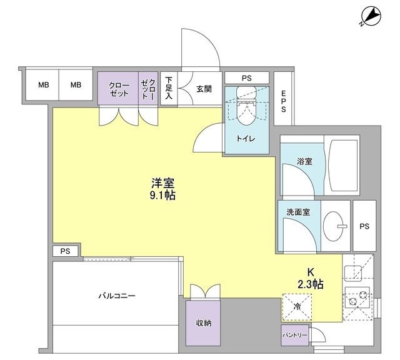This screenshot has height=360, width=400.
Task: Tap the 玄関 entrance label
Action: (x=204, y=89)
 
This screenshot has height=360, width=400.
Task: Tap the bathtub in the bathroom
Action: (x=341, y=166)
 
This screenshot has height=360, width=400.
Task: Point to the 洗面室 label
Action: (x=299, y=212)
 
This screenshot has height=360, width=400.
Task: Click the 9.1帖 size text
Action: (x=162, y=196)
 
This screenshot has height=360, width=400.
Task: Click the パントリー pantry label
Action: (x=294, y=335)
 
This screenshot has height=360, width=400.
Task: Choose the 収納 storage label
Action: (x=203, y=323)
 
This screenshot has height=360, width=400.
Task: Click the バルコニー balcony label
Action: (x=116, y=296)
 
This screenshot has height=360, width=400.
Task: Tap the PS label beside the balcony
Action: (x=66, y=251)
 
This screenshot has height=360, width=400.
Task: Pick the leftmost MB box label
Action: (x=43, y=85)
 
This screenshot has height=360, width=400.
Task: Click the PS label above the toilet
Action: (x=247, y=78)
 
